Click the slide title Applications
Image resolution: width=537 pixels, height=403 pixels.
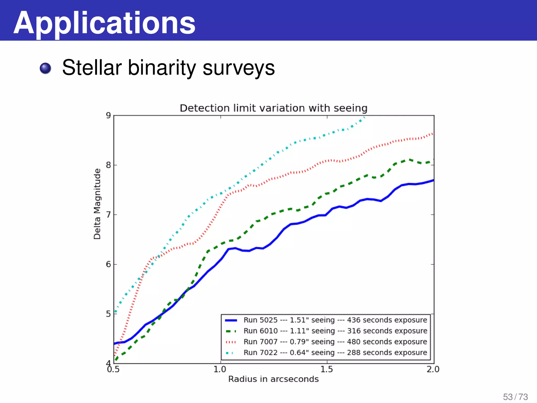coord(104,23)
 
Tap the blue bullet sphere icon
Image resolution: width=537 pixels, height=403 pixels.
coord(45,68)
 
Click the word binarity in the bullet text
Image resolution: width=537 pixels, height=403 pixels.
coord(162,68)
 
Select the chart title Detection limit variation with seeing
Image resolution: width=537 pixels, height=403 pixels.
coord(273,108)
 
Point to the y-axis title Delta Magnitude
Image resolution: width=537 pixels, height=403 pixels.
coord(97,204)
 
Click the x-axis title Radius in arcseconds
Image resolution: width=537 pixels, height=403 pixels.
coord(273,379)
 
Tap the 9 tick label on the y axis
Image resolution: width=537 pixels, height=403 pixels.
coord(108,115)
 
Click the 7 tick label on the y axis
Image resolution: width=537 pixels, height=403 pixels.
coord(108,215)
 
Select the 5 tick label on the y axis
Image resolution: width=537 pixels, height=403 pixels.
coord(108,314)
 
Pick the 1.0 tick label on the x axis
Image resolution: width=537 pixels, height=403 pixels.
coord(220,369)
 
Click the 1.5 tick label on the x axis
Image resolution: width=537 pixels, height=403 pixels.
coord(327,369)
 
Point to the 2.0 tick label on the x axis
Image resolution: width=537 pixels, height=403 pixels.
coord(433,369)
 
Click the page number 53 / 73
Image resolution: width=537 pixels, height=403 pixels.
coord(515,397)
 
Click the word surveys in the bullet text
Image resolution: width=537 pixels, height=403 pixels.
coord(239,68)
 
